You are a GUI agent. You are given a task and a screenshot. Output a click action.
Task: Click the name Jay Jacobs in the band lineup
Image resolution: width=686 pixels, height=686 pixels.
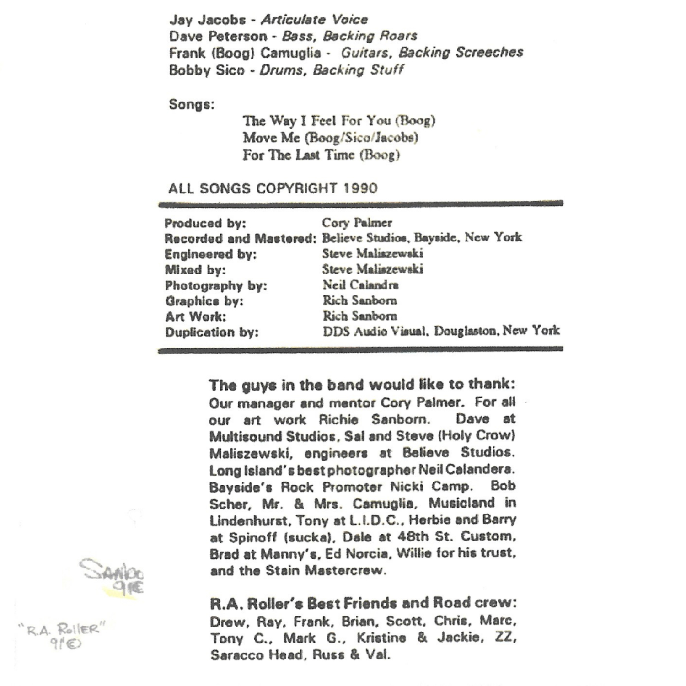[x=207, y=20]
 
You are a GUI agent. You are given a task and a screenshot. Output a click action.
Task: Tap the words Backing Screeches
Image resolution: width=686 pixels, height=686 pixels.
[x=461, y=53]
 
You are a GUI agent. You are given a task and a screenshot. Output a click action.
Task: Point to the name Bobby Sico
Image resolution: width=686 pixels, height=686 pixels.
[x=206, y=70]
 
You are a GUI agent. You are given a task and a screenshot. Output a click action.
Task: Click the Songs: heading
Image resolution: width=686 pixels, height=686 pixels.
[x=192, y=105]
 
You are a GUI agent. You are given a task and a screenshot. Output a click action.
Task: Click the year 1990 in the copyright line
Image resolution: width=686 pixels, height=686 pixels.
[x=360, y=189]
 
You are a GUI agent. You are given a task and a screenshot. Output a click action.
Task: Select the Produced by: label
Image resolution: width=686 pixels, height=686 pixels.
[x=205, y=224]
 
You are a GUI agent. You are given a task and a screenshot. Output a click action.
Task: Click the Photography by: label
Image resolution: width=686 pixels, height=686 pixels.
[x=216, y=286]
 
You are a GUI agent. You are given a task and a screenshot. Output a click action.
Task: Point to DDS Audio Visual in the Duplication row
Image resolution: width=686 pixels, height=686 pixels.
[x=375, y=331]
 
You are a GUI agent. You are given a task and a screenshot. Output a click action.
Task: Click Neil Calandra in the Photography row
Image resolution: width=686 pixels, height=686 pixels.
[x=360, y=285]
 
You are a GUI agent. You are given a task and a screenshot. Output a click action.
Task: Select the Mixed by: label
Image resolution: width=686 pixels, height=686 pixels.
[x=195, y=270]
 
